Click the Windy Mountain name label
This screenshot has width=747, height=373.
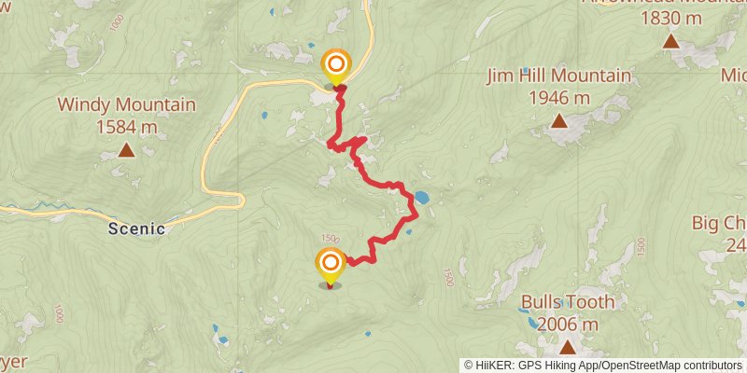(126, 104)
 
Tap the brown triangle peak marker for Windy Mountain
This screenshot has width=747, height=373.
(125, 149)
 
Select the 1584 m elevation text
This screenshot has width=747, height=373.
(126, 126)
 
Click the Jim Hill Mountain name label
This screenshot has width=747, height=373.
(558, 76)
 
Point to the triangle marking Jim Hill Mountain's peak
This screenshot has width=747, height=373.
(558, 120)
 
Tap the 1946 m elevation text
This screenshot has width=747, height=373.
(558, 97)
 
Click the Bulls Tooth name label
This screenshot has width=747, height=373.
(568, 302)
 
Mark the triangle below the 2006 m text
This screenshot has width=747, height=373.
(567, 347)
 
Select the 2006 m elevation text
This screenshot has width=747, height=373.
(567, 324)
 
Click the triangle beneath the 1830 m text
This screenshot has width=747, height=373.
(670, 41)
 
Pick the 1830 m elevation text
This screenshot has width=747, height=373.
(670, 18)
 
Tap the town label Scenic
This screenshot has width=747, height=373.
(136, 228)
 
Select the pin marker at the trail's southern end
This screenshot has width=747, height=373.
(331, 266)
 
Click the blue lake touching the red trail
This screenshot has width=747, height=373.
(421, 198)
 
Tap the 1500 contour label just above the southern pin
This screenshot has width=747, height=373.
(329, 240)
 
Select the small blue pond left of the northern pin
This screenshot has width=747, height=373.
(266, 116)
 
